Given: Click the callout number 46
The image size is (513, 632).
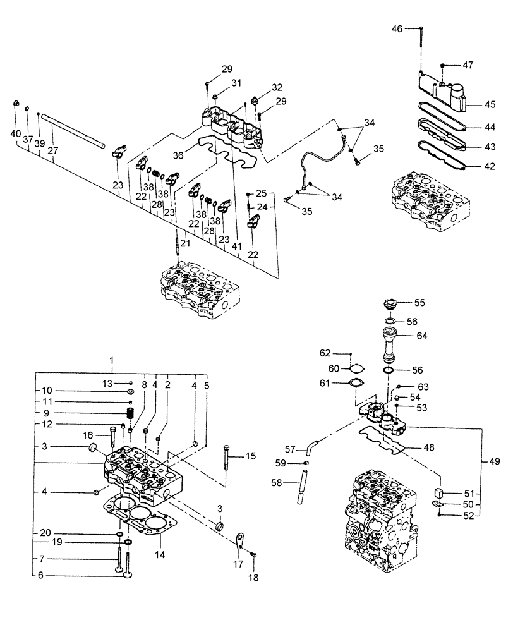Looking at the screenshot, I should tap(397, 28).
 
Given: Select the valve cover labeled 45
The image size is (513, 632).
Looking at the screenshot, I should tap(442, 92).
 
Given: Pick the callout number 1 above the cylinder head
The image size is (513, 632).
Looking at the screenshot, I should tap(112, 362).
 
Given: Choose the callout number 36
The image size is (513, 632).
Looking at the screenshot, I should tap(178, 154).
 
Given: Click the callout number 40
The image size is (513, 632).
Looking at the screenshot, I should tap(15, 133).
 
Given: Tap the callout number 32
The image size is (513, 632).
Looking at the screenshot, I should tap(260, 87).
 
